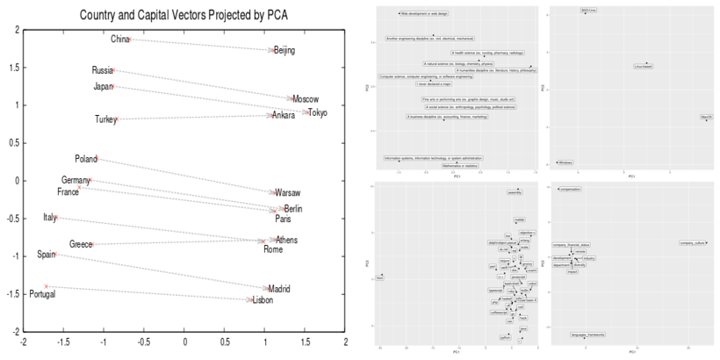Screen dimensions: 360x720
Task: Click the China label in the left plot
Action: click(119, 40)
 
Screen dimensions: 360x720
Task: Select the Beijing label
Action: click(284, 51)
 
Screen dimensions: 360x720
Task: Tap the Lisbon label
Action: click(263, 300)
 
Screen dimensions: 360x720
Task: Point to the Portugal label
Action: click(41, 294)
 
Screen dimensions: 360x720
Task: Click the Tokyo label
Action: click(318, 113)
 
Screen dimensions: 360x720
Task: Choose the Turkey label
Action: click(105, 120)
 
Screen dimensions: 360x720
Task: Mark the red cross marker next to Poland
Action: click(97, 159)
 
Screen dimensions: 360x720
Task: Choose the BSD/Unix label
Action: click(588, 11)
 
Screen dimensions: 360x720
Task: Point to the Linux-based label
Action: click(644, 66)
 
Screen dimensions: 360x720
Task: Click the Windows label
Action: click(565, 162)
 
